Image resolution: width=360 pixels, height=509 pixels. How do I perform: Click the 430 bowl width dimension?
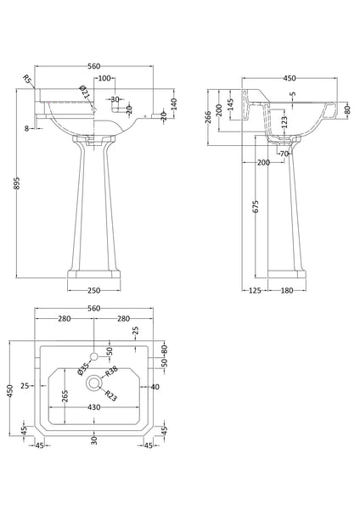tap(94, 407)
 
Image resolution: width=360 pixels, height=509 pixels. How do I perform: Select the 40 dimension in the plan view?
tap(154, 386)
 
